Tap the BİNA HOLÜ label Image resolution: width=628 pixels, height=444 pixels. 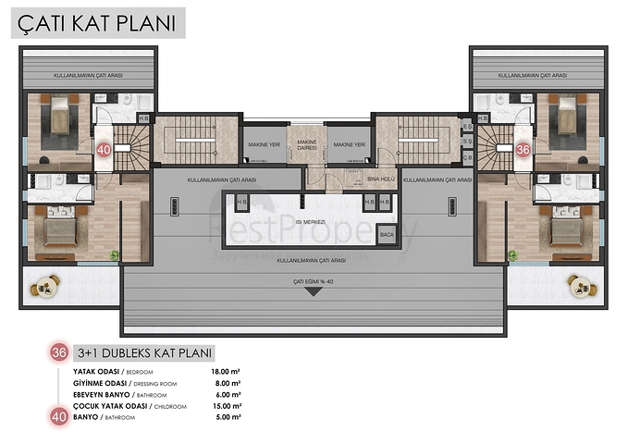381,178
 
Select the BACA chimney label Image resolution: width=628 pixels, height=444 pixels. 388,235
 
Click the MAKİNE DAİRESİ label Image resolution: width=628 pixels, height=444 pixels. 307,143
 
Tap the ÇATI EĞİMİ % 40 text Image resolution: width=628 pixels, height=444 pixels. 313,280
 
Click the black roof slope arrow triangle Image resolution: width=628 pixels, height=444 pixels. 313,292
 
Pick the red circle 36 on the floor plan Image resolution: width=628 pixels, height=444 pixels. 523,148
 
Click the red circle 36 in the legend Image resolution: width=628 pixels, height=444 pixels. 60,352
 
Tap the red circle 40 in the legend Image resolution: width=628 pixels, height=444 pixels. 60,418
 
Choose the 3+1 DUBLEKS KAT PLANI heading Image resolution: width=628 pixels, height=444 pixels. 145,352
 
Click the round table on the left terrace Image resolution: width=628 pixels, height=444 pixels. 43,287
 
